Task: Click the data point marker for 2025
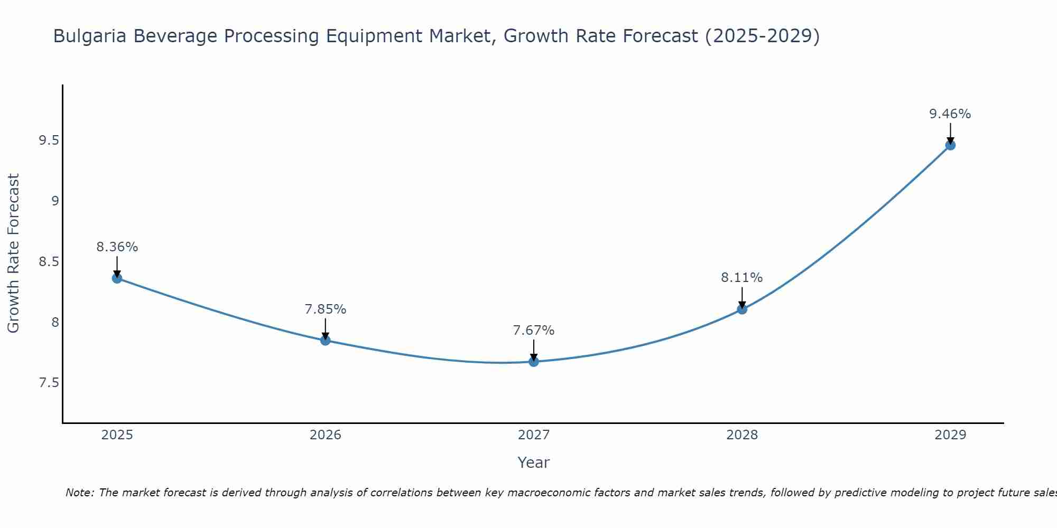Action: pyautogui.click(x=117, y=278)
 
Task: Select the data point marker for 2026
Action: pyautogui.click(x=325, y=341)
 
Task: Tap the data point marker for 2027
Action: pyautogui.click(x=533, y=362)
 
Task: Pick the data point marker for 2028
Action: pyautogui.click(x=742, y=309)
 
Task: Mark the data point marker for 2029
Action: pyautogui.click(x=950, y=145)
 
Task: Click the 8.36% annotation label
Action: pyautogui.click(x=117, y=247)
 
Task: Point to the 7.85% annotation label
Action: pyautogui.click(x=325, y=309)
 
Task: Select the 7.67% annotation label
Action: pyautogui.click(x=533, y=331)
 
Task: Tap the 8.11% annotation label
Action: pyautogui.click(x=742, y=278)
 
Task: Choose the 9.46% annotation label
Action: pyautogui.click(x=950, y=114)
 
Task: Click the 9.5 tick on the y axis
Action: pyautogui.click(x=49, y=140)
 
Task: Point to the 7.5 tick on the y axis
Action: pyautogui.click(x=49, y=383)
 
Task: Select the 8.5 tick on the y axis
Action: pyautogui.click(x=49, y=262)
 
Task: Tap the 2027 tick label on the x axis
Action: pyautogui.click(x=533, y=435)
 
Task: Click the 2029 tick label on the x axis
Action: pyautogui.click(x=950, y=435)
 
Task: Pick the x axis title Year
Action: pyautogui.click(x=533, y=463)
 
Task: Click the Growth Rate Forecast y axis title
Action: pyautogui.click(x=14, y=253)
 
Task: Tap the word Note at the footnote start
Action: pyautogui.click(x=79, y=493)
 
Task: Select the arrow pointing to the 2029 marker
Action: pyautogui.click(x=950, y=133)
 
